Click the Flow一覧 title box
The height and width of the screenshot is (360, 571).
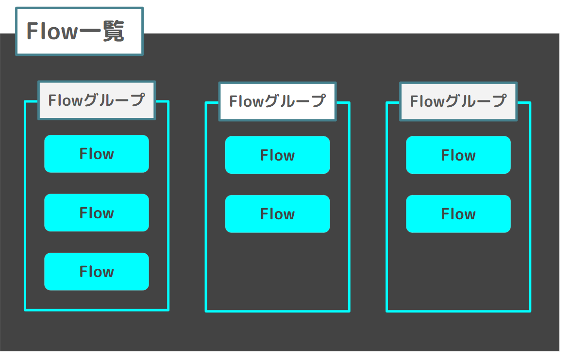point(79,32)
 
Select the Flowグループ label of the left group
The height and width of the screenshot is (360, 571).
point(97,100)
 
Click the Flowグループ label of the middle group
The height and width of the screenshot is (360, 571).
point(277,101)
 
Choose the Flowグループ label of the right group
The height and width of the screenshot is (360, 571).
point(458,101)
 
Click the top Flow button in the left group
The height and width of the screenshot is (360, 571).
point(97,154)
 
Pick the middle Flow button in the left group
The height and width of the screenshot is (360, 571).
point(97,213)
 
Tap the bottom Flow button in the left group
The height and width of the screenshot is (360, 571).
point(97,272)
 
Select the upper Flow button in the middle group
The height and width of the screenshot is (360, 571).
point(277,155)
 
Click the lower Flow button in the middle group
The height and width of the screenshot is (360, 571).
point(277,214)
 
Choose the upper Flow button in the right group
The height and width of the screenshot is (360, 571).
point(458,155)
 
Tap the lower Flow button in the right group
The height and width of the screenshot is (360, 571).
point(458,214)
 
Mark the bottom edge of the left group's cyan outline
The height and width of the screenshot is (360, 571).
point(97,310)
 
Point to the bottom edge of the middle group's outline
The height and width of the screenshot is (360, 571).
point(277,311)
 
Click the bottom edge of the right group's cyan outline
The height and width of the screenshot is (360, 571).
point(458,311)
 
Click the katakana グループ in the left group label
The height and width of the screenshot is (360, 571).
point(115,100)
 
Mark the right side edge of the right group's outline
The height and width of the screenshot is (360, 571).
point(530,209)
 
